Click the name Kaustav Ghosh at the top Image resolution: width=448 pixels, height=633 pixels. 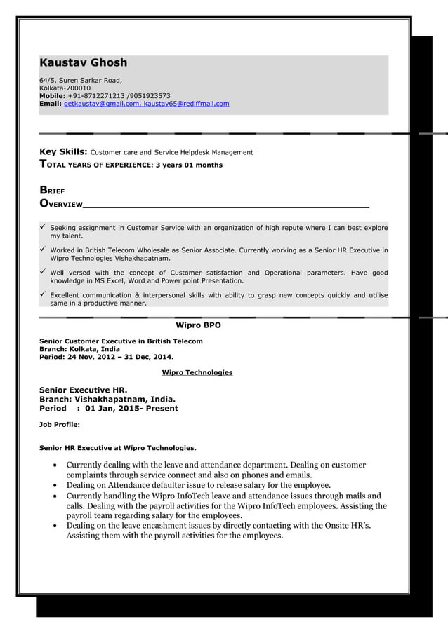point(83,63)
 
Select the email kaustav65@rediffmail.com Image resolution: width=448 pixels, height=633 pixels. point(186,104)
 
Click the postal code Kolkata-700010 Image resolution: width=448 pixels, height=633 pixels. point(70,88)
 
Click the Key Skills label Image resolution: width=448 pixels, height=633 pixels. point(63,151)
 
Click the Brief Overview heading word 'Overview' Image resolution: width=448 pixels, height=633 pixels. point(61,204)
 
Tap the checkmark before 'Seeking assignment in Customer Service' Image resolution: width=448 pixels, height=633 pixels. point(43,228)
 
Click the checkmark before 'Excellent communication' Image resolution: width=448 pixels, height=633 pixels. point(43,295)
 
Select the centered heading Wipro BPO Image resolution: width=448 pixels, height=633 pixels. point(197,325)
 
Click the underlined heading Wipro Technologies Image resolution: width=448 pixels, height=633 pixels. point(197,372)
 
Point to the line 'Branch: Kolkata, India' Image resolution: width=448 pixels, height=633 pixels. point(79,349)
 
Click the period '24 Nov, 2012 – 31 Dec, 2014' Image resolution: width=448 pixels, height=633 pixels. point(120,356)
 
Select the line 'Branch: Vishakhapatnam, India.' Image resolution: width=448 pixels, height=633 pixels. point(107,399)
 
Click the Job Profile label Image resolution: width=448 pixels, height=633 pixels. point(59,424)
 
